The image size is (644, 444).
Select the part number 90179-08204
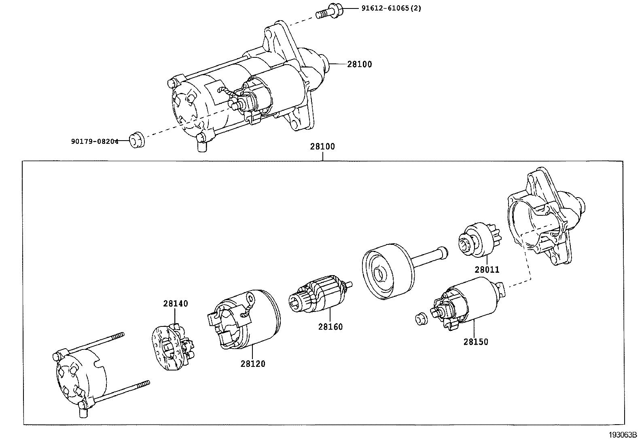point(95,141)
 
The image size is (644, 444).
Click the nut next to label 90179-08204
point(137,139)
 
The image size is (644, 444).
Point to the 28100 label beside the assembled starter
point(359,64)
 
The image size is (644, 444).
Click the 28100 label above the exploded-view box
point(322,147)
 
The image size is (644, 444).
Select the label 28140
point(176,304)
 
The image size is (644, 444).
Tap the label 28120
point(253,364)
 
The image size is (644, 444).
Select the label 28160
point(330,327)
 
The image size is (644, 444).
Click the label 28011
point(487,270)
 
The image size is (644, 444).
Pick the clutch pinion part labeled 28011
point(477,242)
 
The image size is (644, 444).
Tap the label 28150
point(476,342)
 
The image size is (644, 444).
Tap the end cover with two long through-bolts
point(79,378)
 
